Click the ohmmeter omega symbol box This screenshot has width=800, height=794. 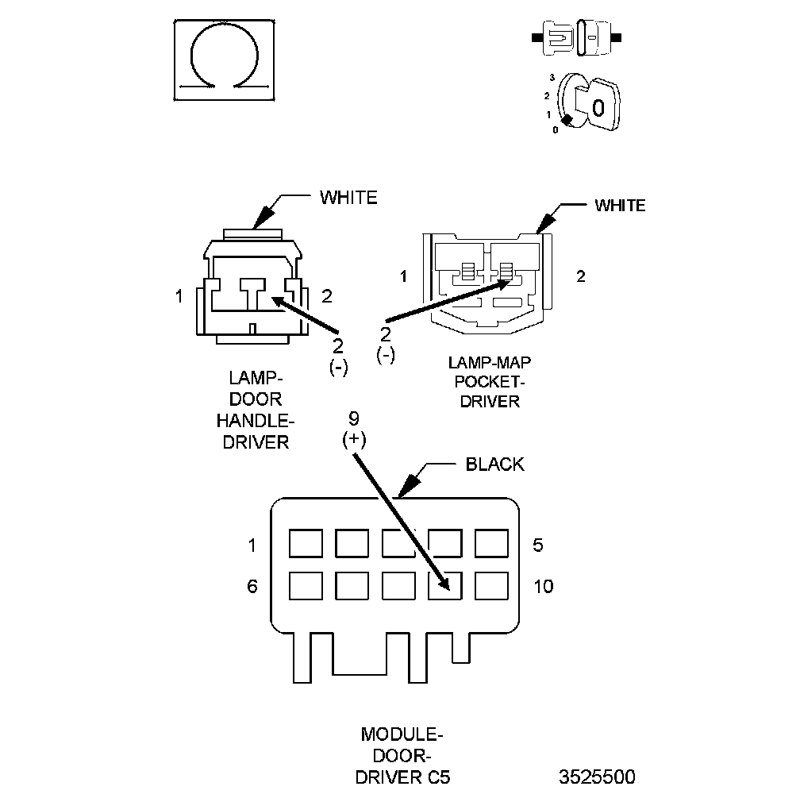225,60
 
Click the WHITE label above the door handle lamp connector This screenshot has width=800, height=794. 348,198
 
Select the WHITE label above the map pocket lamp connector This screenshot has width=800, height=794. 620,206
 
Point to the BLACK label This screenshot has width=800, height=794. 494,464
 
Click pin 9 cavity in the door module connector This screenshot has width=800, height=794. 444,586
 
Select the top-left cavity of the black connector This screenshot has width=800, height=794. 305,545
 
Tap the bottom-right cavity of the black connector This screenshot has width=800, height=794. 491,586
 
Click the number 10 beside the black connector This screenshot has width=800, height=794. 544,587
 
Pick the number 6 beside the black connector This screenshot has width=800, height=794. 252,587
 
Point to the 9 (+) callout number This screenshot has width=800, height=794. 354,418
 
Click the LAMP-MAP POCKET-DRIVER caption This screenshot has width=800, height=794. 489,382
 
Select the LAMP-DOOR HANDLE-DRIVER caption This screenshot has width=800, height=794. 256,410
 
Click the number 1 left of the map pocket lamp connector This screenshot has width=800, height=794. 403,276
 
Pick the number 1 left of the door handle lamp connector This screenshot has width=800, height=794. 179,296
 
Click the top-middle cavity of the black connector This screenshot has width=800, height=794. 398,545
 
